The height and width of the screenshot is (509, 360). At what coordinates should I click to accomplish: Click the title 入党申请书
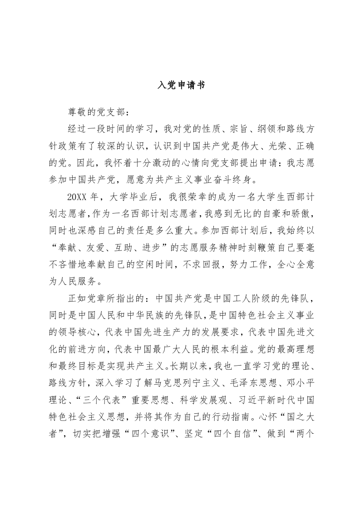tap(181, 85)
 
